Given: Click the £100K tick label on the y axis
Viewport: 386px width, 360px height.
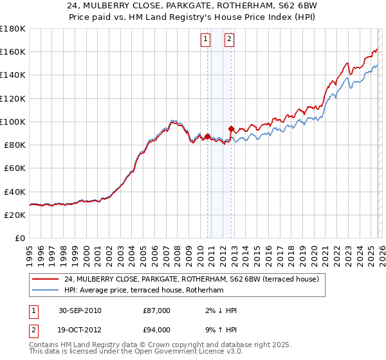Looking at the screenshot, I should (x=12, y=122).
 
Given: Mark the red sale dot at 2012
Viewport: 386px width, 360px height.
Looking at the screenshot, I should (x=231, y=129).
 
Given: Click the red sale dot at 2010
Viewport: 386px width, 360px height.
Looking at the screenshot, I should (x=207, y=136).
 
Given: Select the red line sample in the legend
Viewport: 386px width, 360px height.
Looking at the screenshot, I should (x=45, y=279).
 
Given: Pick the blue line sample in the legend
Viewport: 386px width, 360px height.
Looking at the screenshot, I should (x=45, y=291).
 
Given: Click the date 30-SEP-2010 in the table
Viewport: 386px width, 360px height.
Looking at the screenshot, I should (x=80, y=310).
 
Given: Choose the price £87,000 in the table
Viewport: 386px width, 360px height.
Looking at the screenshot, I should (x=157, y=310).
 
